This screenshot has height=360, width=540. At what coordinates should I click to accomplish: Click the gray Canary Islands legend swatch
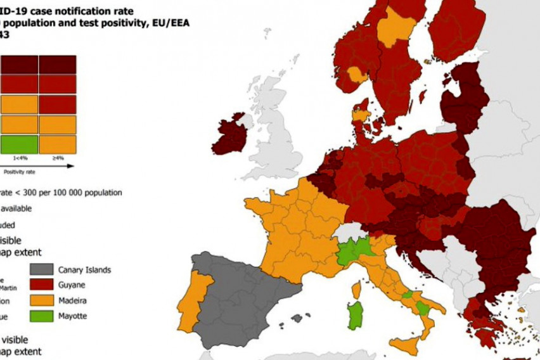[x=41, y=270]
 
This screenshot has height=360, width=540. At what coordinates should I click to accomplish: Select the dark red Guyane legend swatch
[x=41, y=285]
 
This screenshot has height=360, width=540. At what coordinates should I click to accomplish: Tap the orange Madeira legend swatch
[x=41, y=300]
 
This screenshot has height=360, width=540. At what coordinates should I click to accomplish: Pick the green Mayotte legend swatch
[x=41, y=315]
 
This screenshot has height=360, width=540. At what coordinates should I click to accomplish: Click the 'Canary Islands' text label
[x=84, y=270]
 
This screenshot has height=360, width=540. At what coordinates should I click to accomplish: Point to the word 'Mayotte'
[x=72, y=316]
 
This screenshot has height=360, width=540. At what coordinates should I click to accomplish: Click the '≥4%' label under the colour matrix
[x=57, y=158]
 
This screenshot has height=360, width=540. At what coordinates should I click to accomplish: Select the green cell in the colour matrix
[x=19, y=145]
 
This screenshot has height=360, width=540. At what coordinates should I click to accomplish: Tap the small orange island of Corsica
[x=357, y=290]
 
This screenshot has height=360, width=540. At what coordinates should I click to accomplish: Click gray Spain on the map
[x=241, y=298]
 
